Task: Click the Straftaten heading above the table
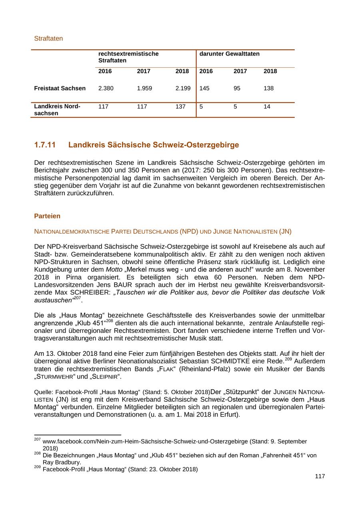pos(48,39)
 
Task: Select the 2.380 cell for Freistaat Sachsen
pos(106,88)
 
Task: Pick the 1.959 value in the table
pos(144,88)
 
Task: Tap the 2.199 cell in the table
pos(183,88)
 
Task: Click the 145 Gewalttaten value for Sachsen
pos(204,88)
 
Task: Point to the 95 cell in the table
pos(237,88)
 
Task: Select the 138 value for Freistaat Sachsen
pos(268,88)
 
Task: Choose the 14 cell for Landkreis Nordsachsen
pos(267,107)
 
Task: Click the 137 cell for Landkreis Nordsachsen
pos(180,107)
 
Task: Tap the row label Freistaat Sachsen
pos(60,88)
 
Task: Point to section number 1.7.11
pos(45,145)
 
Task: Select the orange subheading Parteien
pos(47,216)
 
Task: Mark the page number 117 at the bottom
pos(320,476)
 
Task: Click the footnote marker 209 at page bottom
pos(38,467)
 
